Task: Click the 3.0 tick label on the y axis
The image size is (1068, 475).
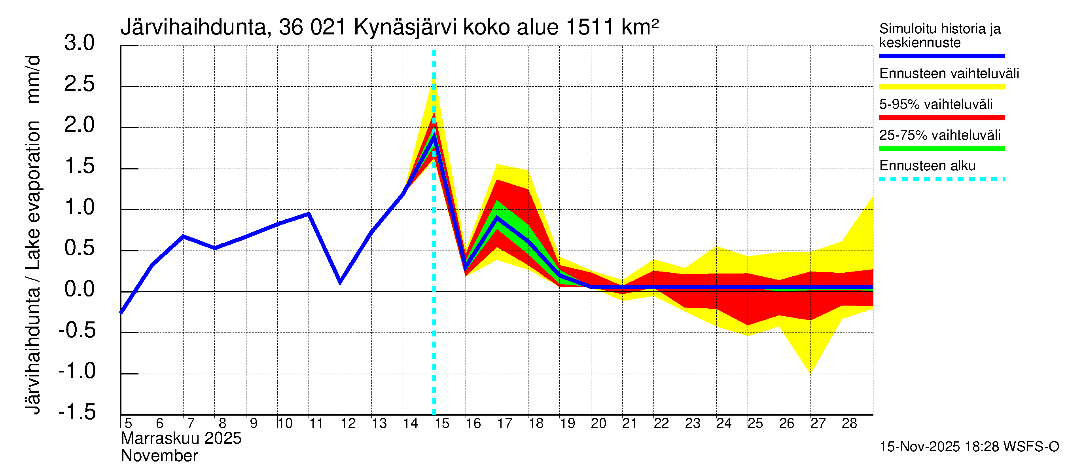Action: (x=79, y=43)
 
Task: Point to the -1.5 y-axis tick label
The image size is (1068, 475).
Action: (x=77, y=412)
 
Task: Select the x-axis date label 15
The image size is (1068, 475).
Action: (x=442, y=424)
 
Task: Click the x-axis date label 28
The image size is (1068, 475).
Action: (x=849, y=424)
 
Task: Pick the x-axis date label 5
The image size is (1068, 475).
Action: (x=128, y=424)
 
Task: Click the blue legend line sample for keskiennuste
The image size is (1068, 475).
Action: (x=941, y=56)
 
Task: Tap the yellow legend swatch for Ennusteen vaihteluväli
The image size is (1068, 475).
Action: (x=941, y=87)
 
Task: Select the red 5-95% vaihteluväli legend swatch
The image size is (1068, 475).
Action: (x=941, y=118)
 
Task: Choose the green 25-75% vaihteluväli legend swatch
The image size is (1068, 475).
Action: (x=941, y=148)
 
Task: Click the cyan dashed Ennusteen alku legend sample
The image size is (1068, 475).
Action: (x=941, y=180)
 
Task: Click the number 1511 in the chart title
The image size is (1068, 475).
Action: (x=589, y=28)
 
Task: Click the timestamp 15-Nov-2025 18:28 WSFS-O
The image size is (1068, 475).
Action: (x=969, y=447)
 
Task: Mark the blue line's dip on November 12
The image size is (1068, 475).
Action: (x=340, y=282)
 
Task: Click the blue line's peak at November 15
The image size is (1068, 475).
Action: (x=434, y=137)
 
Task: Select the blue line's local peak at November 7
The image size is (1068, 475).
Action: (x=183, y=236)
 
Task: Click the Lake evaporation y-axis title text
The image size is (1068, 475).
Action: (x=33, y=195)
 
